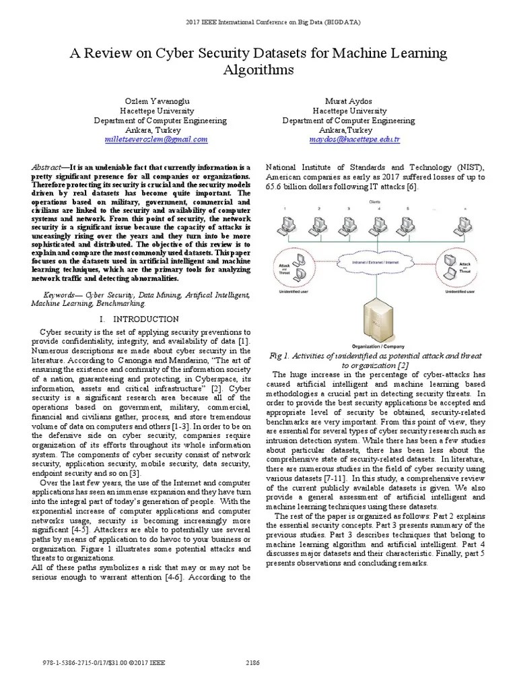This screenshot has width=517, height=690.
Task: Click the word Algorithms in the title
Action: pos(258,69)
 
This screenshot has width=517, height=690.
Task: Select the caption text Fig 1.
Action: pos(279,354)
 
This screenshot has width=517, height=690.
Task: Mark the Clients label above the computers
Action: pos(373,201)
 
